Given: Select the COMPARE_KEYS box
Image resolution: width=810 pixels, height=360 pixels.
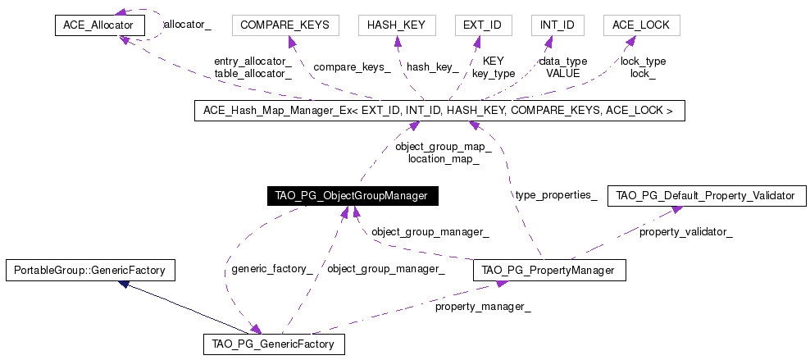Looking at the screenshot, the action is pos(285,25).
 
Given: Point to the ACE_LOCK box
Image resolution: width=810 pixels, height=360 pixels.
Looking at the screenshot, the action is pos(642,25).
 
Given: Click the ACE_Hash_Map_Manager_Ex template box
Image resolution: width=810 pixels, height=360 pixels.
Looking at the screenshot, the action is pos(439,111).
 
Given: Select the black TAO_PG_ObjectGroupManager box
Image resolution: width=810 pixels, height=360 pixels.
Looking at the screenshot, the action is pos(353,196).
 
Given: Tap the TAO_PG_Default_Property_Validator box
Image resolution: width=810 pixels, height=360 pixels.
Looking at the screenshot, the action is pos(707,196).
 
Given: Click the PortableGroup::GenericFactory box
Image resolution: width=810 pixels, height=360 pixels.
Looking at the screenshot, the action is pos(90,270).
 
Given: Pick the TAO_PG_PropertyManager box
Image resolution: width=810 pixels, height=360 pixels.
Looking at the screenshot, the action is pos(549,270).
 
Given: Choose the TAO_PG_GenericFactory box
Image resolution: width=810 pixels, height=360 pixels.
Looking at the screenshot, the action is pos(275,344).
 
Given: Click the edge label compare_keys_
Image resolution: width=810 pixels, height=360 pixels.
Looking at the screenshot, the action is pos(352,67).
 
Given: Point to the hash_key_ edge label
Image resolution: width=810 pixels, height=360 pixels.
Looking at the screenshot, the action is pos(432,67).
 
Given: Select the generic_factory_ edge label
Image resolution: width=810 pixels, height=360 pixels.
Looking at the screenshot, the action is pos(271,269).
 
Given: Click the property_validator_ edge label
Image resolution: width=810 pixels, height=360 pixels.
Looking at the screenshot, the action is pos(686,232).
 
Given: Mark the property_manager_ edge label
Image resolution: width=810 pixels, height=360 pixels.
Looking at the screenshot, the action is pos(483,307).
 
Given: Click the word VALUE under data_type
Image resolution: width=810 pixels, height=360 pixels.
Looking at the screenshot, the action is pos(563,73).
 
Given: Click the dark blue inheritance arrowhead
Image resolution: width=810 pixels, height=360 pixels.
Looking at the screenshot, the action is pos(123,284).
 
